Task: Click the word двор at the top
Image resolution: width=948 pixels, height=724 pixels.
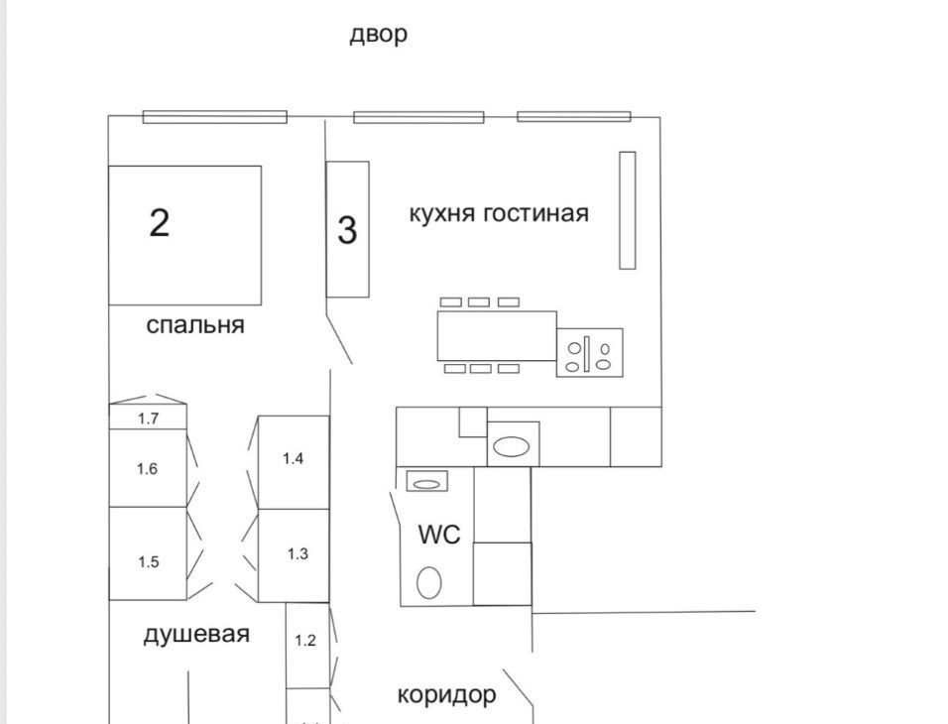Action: point(378,35)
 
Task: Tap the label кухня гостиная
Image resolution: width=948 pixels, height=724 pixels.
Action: point(499,213)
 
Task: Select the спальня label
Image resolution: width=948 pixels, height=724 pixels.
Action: point(195,325)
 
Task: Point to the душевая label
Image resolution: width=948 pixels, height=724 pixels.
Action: point(196,635)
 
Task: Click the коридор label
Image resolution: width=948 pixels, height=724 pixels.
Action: point(446,694)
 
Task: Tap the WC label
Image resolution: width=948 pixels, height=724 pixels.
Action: point(439,535)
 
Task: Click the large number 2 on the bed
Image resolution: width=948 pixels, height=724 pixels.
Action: point(160,222)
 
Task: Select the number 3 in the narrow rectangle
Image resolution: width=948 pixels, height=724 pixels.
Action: point(347,230)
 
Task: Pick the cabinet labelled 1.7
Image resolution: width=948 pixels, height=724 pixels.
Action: point(148,419)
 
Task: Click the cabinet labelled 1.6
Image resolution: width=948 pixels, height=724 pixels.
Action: point(148,468)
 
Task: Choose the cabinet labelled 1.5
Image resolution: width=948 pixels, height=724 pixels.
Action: point(148,561)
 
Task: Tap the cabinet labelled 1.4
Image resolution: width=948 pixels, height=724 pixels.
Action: point(293,459)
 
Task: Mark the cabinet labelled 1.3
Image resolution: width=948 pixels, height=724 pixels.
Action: point(297,554)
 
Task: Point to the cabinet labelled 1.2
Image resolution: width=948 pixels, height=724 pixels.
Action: point(305,641)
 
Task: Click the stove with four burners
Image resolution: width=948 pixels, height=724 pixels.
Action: point(590,352)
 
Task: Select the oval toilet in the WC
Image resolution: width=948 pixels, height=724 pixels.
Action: point(428,582)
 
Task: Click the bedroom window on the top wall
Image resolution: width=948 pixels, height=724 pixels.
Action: point(214,117)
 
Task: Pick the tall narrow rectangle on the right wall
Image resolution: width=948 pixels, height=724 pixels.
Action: point(627,210)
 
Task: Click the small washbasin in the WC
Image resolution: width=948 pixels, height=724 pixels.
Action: point(426,483)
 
